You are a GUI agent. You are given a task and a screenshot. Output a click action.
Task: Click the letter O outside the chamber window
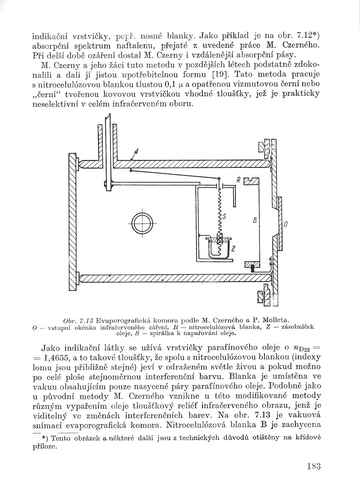[286, 224]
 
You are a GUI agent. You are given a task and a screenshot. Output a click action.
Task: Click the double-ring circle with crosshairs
[142, 223]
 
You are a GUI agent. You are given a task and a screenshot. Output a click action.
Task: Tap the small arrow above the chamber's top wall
[136, 153]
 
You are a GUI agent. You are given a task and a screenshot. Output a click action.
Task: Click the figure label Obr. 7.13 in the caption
[78, 320]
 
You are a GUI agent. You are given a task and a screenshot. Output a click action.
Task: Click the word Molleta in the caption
[275, 320]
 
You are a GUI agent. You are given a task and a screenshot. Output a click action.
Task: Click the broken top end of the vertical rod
[110, 117]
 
